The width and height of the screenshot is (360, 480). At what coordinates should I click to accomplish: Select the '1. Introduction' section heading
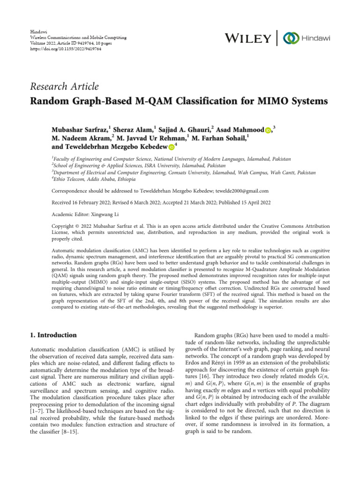53,335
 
